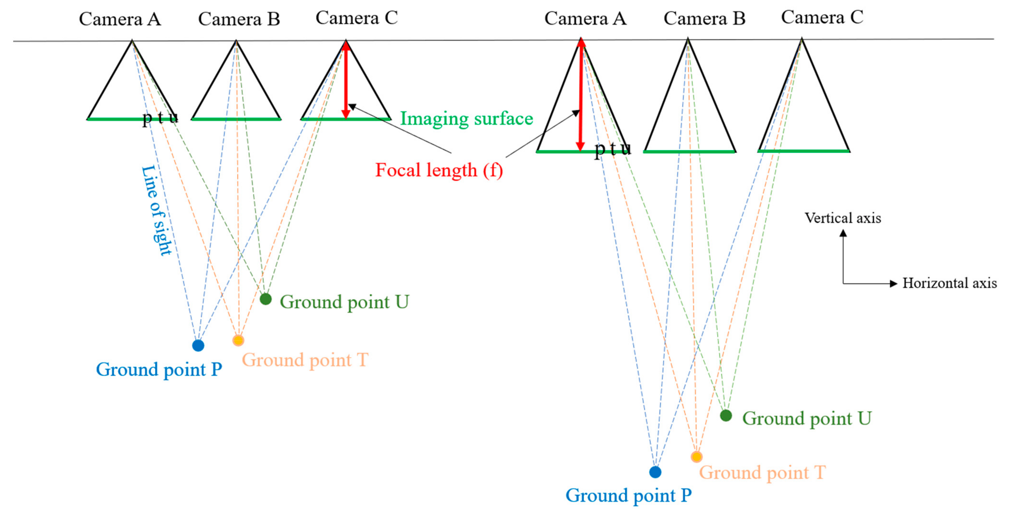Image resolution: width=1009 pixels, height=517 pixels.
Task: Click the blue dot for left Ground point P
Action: point(198,345)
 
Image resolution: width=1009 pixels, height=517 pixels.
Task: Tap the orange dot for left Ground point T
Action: point(238,340)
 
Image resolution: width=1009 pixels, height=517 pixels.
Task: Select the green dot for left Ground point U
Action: point(265,299)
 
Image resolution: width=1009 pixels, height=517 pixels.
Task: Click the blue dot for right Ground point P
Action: point(655,472)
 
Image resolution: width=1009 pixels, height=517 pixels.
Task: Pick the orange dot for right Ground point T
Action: point(697,457)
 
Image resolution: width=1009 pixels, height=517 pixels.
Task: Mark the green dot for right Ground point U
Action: point(726,416)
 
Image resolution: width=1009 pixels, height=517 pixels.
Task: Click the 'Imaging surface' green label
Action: point(466,119)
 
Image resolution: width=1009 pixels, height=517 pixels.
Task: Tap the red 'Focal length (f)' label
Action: point(439,170)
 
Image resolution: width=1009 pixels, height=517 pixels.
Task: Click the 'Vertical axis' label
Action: point(843,218)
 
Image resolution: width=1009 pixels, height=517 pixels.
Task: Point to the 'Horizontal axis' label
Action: point(950,283)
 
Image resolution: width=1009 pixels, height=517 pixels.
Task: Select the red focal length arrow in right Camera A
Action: point(581,94)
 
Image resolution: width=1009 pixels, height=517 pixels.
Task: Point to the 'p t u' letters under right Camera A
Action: point(613,148)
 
